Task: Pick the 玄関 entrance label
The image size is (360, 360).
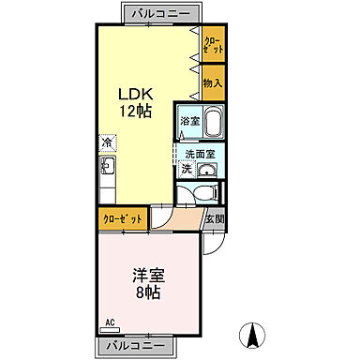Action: coord(215,218)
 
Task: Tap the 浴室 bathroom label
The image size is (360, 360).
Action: coord(188,122)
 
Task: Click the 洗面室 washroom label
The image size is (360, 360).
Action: coord(199,153)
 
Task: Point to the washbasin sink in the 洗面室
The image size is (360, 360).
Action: coord(209,171)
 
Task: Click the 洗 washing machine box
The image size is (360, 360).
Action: coord(186,170)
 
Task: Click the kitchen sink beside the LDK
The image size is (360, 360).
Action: coord(106,168)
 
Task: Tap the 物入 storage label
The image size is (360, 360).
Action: coord(214,83)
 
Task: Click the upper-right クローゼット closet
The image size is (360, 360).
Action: coord(214,45)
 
